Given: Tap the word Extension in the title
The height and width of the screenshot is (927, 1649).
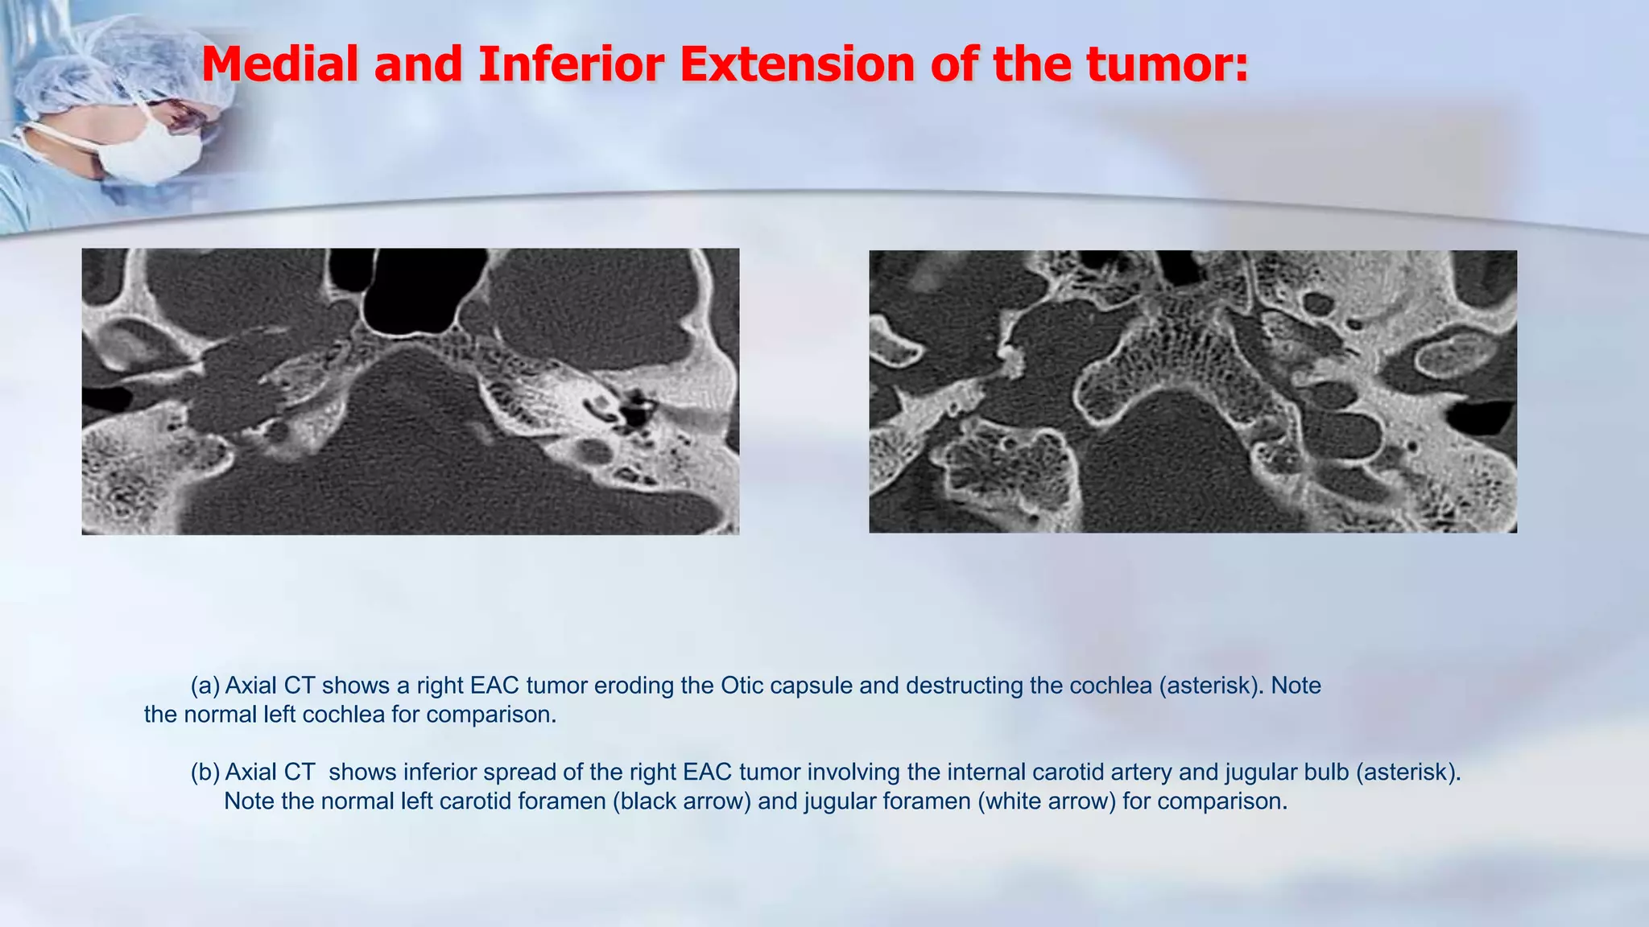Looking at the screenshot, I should coord(796,64).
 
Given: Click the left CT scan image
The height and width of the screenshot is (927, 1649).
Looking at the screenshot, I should coord(410,391).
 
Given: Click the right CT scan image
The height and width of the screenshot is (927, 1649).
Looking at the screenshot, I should coord(1192,391).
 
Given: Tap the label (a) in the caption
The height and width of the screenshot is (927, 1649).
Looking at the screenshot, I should coord(205,686).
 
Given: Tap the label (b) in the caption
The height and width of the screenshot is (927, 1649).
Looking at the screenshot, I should coord(205,772).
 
